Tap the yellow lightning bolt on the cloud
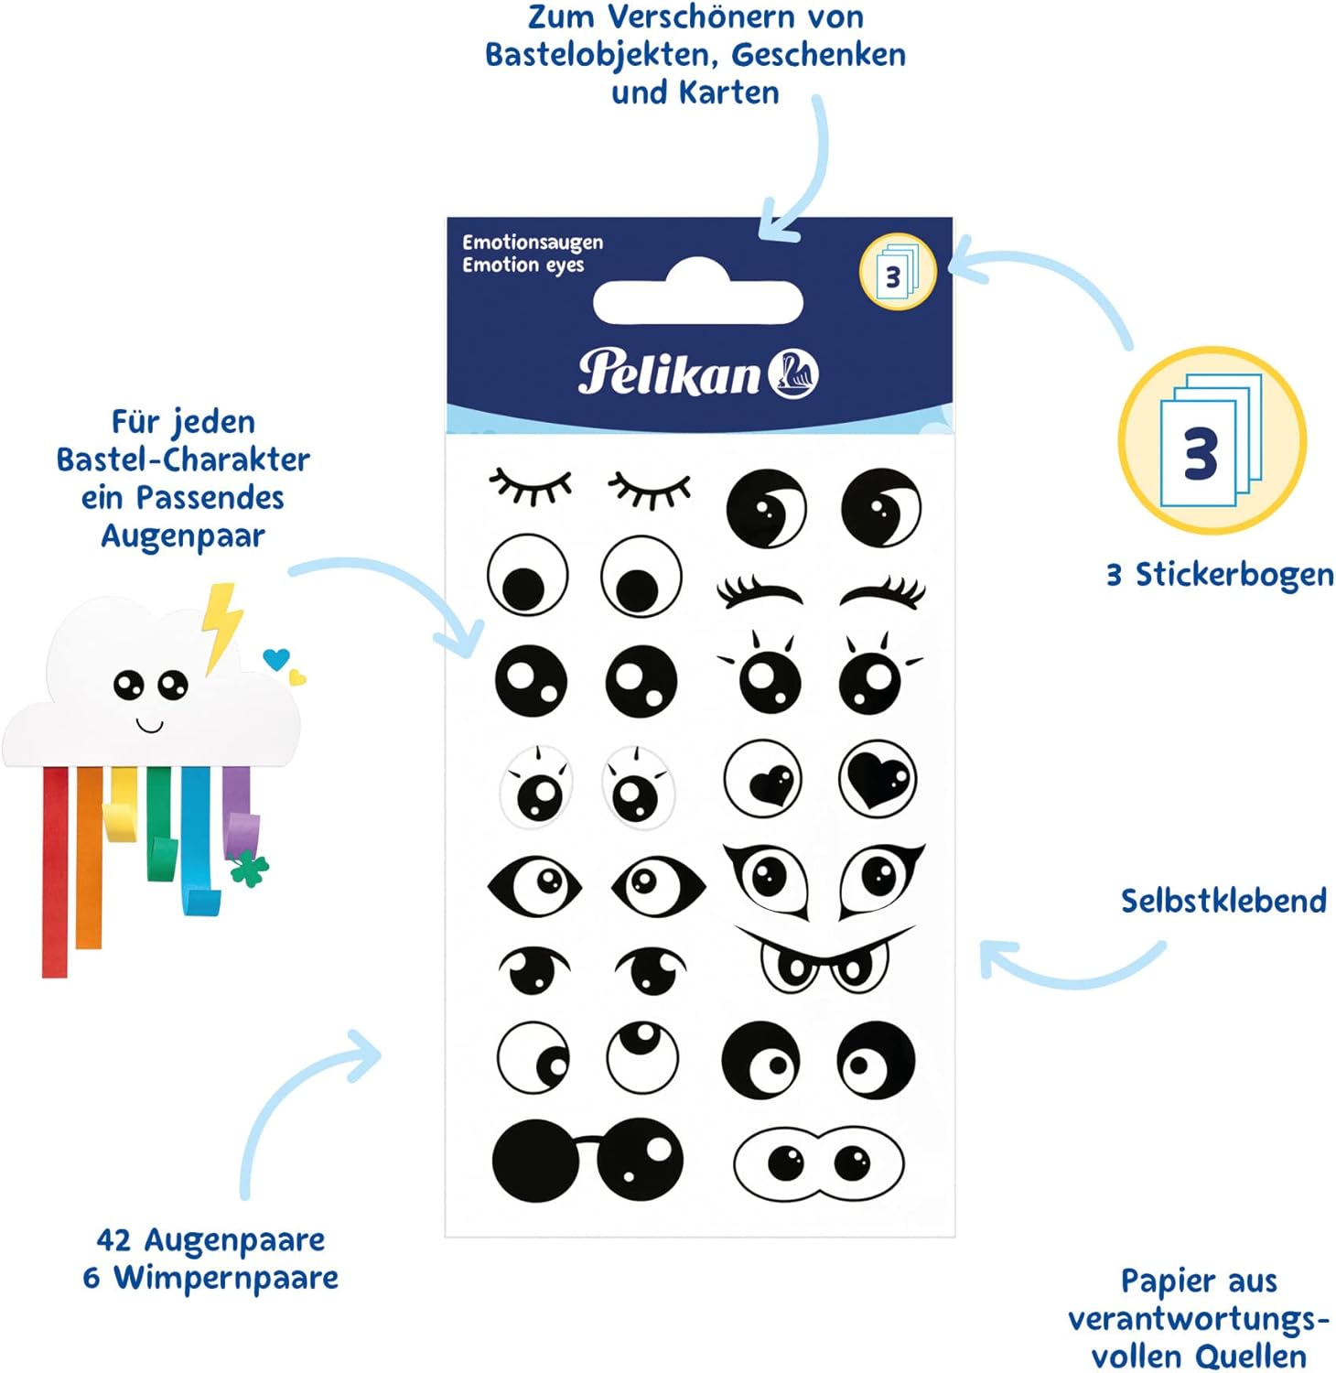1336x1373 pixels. [222, 623]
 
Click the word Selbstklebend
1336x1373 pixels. [1223, 901]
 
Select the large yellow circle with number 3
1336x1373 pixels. [1212, 441]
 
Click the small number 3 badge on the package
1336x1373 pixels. [897, 272]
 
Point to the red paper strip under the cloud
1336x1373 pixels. [55, 870]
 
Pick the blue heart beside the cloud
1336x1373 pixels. [275, 657]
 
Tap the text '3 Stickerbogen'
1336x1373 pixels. [1220, 575]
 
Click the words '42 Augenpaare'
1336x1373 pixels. [210, 1239]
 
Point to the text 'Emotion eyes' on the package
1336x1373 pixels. [523, 265]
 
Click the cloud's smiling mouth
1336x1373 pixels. [149, 726]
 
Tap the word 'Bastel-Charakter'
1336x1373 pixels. [183, 459]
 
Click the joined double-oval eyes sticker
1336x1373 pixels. [819, 1163]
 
